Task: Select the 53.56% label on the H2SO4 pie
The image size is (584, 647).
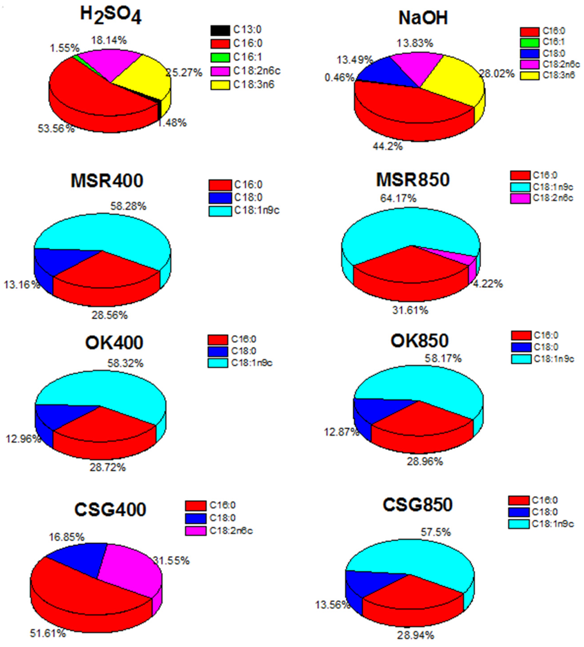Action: point(56,129)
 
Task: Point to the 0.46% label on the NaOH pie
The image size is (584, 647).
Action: point(339,78)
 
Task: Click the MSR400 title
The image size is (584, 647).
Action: point(107,181)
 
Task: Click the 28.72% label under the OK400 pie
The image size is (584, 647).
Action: point(107,467)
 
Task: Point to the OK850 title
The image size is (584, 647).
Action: point(419,340)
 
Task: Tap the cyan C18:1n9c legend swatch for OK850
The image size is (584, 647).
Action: point(521,359)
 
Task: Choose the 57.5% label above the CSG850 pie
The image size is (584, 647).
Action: point(436,533)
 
